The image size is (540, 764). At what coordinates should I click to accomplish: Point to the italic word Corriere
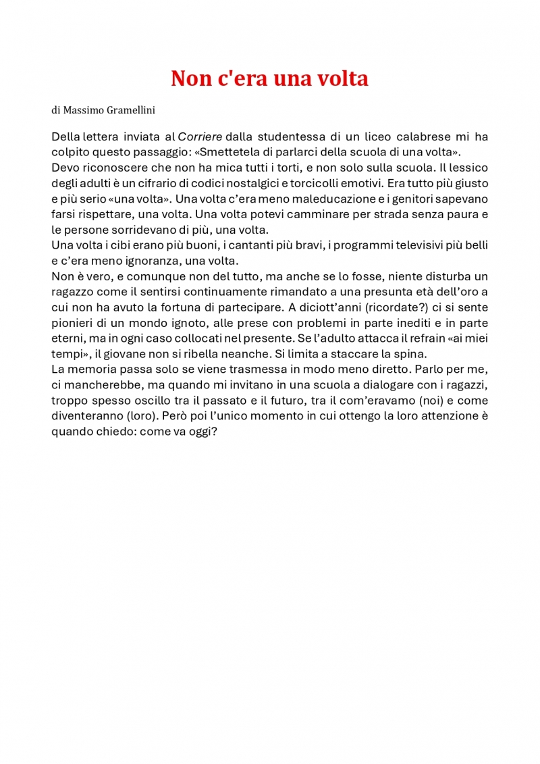200,136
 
